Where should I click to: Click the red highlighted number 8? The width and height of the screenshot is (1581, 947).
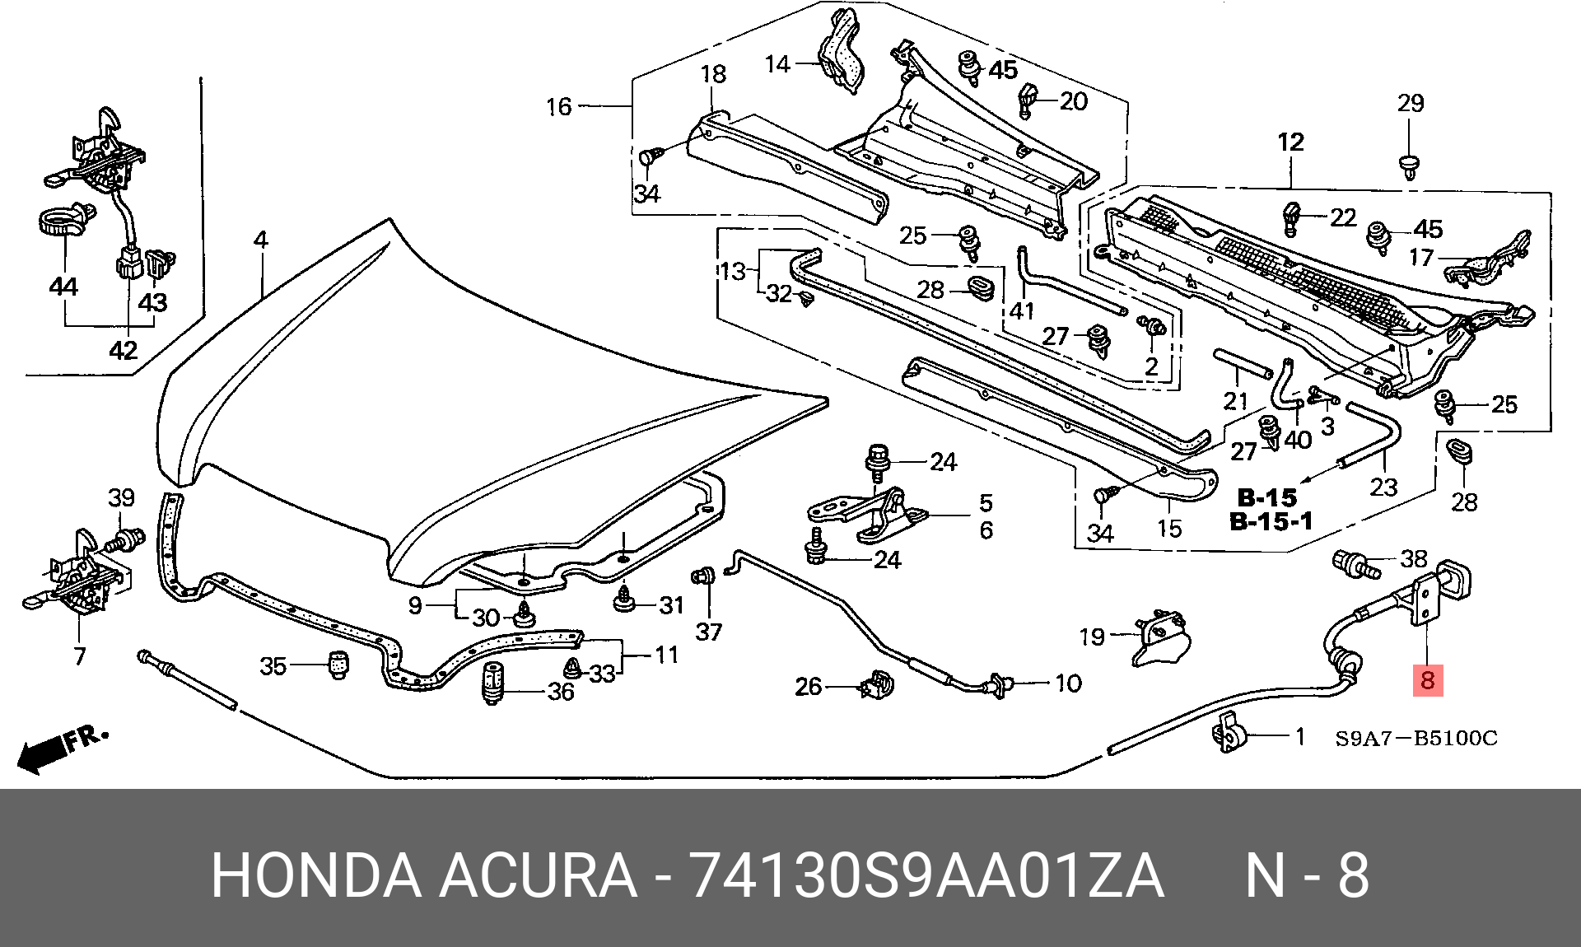point(1428,679)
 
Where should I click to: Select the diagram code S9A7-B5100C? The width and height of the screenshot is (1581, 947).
point(1416,738)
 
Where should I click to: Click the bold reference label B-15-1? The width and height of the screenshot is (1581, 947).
point(1271,521)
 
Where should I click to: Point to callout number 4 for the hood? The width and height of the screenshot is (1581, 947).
point(260,240)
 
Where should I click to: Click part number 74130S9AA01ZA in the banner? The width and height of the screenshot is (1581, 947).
point(926,875)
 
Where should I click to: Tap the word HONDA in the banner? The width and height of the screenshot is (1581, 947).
point(316,875)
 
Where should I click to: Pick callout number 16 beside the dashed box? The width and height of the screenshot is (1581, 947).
point(559,106)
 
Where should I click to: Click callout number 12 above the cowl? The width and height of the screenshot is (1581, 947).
point(1290,142)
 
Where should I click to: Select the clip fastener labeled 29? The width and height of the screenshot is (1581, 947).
point(1410,166)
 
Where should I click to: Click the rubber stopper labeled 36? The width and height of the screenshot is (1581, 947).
point(492,683)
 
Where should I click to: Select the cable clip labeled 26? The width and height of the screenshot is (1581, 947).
point(877,684)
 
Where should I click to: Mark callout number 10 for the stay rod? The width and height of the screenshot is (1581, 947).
point(1068,683)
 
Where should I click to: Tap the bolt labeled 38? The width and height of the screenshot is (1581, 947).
point(1355,565)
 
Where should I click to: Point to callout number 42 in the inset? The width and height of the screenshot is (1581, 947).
point(123,350)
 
